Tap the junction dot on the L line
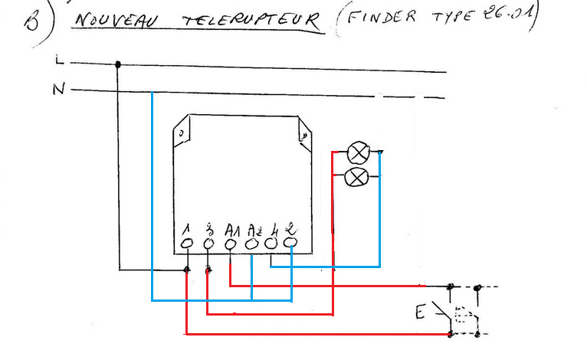(x=118, y=64)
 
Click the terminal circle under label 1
(x=187, y=244)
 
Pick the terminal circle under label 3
(x=209, y=244)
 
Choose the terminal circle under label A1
(x=231, y=244)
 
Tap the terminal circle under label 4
(x=272, y=244)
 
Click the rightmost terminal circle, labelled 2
(x=291, y=243)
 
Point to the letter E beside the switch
(x=419, y=312)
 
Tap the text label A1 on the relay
(x=232, y=228)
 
